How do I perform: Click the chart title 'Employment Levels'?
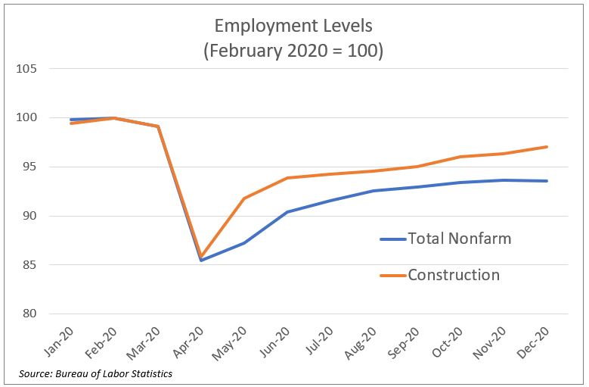(293, 26)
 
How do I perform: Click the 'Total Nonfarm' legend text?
(459, 239)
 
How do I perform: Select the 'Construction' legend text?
(454, 275)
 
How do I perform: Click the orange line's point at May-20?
(244, 198)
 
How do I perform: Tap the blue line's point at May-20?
(244, 243)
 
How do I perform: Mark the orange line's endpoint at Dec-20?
(547, 147)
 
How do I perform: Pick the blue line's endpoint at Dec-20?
(547, 181)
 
